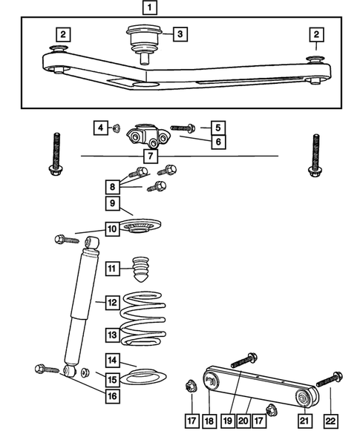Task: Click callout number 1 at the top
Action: tap(150, 9)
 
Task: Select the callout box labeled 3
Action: tap(181, 33)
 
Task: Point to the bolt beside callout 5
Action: tap(183, 128)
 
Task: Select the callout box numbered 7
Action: tap(150, 156)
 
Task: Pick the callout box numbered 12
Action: tap(111, 303)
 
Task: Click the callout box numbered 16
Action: tap(111, 397)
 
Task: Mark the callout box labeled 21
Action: tap(304, 421)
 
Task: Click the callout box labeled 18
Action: tap(211, 421)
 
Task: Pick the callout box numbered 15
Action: tap(111, 379)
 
